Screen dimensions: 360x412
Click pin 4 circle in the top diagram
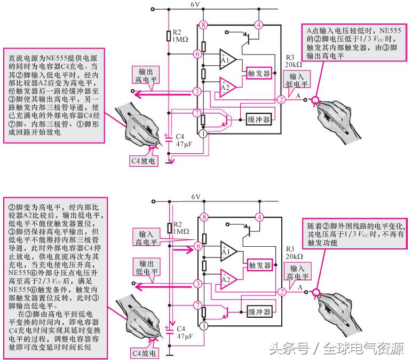click(259, 25)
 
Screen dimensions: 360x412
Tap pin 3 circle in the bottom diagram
click(197, 284)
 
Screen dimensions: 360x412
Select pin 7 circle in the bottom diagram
click(197, 305)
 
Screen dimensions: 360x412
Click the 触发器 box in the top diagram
click(259, 73)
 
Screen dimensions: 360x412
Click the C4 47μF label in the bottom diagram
click(183, 333)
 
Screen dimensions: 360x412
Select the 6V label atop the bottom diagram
click(196, 197)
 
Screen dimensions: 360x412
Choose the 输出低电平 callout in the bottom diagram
click(150, 268)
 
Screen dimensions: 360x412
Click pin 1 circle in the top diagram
click(202, 134)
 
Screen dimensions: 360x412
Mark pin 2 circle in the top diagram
click(281, 100)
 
